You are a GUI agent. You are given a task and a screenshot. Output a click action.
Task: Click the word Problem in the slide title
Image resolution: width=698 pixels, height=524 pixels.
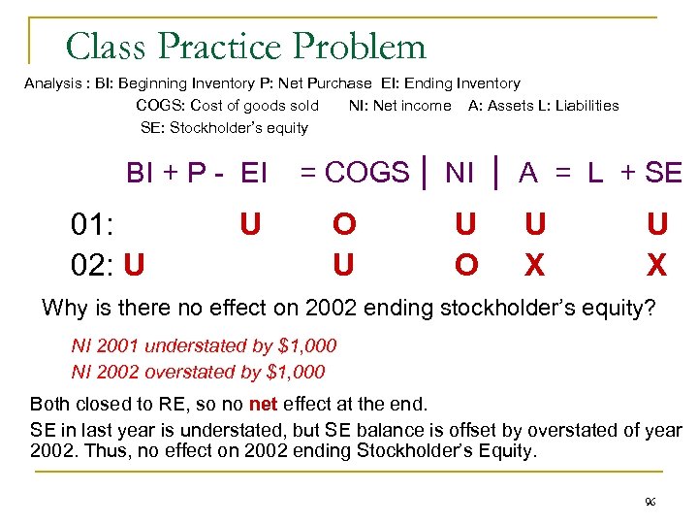(x=360, y=47)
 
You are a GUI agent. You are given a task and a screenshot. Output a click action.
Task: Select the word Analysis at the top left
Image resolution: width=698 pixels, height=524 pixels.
(x=52, y=83)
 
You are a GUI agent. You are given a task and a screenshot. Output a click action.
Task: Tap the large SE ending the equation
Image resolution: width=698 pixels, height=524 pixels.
(x=663, y=173)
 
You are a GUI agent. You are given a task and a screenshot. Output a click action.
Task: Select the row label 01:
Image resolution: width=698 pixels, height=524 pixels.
(x=94, y=225)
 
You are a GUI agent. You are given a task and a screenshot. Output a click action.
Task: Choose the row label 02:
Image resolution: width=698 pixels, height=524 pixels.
(x=94, y=264)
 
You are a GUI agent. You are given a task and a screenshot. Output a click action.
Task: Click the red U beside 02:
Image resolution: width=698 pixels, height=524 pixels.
(x=136, y=264)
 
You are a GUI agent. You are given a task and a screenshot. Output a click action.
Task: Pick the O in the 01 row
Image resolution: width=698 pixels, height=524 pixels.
(x=344, y=225)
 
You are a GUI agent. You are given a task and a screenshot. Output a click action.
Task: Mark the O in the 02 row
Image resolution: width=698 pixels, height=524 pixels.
(x=466, y=264)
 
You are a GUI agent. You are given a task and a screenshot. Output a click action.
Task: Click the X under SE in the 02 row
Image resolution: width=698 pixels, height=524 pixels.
(x=657, y=264)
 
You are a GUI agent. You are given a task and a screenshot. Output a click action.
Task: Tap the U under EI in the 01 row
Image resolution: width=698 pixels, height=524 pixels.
(x=250, y=225)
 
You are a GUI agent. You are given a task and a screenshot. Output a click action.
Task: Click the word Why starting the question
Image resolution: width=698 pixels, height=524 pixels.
(x=64, y=309)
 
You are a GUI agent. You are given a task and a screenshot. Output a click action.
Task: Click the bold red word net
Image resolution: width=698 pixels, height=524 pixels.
(x=264, y=403)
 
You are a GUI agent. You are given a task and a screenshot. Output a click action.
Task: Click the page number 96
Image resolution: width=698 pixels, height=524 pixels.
(x=650, y=502)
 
